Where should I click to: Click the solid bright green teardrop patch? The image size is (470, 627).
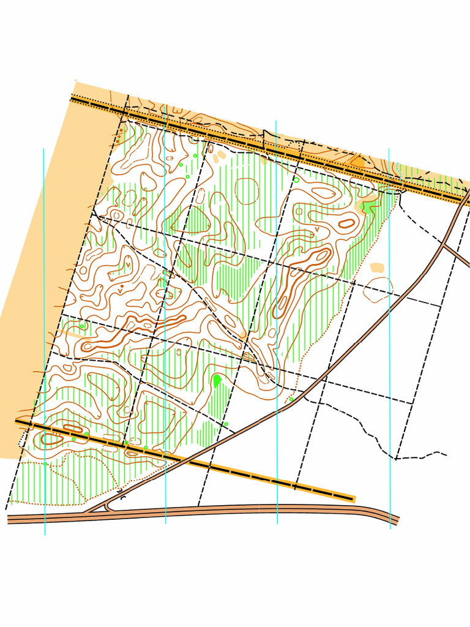tap(217, 381)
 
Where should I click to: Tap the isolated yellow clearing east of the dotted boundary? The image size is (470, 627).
tap(377, 268)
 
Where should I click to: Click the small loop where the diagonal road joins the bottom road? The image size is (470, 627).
tap(108, 506)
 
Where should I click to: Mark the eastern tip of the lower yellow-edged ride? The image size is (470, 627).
tap(354, 500)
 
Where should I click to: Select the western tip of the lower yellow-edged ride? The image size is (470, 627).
tap(17, 421)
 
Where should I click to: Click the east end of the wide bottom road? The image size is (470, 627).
tap(398, 520)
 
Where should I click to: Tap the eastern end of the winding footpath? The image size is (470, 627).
tap(445, 454)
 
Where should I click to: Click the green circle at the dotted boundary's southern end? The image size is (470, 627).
tap(291, 399)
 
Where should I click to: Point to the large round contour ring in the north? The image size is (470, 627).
tap(247, 190)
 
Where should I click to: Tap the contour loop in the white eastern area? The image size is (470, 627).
tap(378, 289)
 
